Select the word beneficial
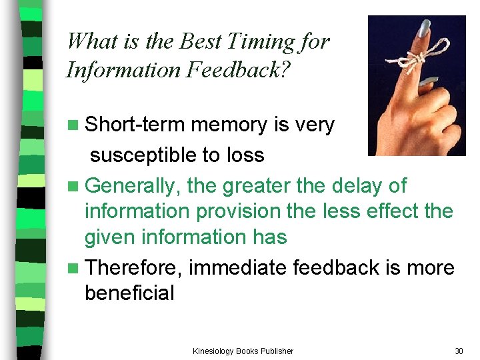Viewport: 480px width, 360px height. [x=129, y=293]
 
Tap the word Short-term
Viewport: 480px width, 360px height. [x=136, y=125]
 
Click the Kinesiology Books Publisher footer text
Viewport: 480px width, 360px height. [x=243, y=351]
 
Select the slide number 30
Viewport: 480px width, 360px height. [x=458, y=351]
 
